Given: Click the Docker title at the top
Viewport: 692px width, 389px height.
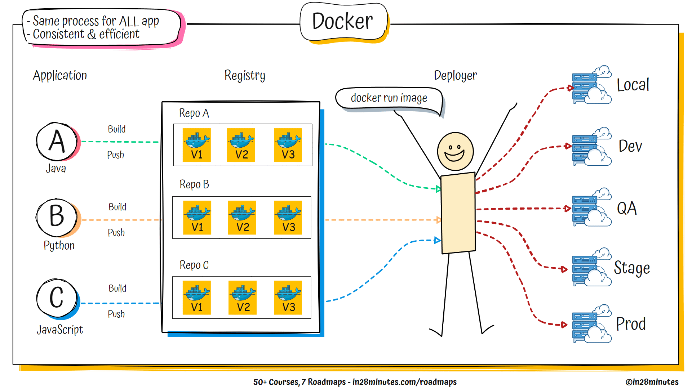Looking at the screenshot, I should coord(343,22).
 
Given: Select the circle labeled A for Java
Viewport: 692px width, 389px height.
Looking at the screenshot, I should coord(57,142).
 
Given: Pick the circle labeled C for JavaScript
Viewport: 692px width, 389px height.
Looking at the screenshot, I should coord(57,298).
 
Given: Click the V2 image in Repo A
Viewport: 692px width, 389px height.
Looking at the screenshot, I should coord(241,145).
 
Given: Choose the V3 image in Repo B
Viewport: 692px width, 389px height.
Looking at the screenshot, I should coord(288,218).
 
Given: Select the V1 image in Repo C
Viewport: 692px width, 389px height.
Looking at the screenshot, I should coord(197,298).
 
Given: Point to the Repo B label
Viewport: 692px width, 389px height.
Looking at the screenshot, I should coord(194,184).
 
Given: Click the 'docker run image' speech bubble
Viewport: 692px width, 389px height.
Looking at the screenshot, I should coord(389,98).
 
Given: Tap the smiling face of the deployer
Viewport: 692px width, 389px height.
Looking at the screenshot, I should coord(455,151).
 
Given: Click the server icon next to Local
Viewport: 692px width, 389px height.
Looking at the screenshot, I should coord(591,85).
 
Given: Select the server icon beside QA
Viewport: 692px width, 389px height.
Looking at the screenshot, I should coord(591,208).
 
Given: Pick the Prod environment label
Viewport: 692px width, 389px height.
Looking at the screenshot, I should coord(631,324).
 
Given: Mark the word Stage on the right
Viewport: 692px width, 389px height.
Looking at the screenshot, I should coord(632,268).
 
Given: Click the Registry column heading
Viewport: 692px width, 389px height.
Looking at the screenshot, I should coord(245,76).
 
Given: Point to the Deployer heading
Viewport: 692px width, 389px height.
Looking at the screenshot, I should coord(455,76).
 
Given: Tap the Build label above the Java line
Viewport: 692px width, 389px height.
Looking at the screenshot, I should coord(117,129).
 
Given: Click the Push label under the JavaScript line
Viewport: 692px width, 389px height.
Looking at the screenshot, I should coord(116,314).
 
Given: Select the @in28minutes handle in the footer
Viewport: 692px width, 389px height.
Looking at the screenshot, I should coord(652,382).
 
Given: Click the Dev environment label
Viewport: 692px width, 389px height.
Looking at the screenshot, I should coord(630,146).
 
